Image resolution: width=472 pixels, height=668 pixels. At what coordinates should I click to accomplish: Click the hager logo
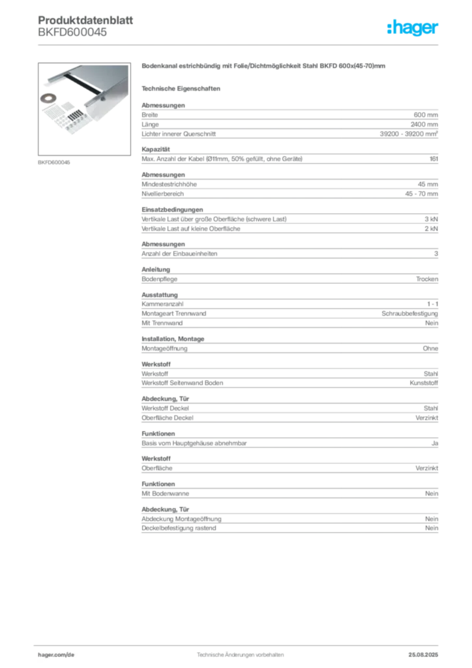click(412, 28)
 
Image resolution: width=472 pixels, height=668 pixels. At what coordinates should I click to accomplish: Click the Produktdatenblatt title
click(85, 20)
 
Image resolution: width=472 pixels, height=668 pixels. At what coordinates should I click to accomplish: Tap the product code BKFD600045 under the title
click(72, 33)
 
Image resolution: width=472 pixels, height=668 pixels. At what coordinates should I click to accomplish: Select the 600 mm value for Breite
click(426, 115)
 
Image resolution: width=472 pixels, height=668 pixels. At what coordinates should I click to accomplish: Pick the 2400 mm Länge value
click(424, 125)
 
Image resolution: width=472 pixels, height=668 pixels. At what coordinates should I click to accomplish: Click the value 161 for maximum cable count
click(434, 159)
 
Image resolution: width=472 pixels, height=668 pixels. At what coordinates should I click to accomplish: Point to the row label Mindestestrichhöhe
click(169, 185)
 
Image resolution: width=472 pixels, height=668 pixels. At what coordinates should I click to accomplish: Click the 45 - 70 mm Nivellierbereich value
click(421, 194)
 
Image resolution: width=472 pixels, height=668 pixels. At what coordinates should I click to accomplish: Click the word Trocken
click(427, 279)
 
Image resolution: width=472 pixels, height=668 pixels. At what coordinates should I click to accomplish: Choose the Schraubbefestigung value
click(409, 314)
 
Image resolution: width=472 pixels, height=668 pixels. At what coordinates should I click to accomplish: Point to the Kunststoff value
click(424, 383)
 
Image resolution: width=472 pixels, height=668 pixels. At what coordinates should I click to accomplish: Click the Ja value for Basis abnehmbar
click(435, 444)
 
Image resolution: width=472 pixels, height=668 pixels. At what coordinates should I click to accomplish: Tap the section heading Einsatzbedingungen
click(172, 209)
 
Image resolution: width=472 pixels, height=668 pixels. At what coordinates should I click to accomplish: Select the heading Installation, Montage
click(173, 339)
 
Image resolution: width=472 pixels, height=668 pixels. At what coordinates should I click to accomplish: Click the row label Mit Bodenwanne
click(165, 494)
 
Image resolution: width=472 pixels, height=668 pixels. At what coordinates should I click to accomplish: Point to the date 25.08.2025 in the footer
click(423, 655)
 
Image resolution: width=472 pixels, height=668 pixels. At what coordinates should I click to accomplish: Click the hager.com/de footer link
click(56, 655)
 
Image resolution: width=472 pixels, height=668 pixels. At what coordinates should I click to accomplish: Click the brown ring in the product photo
click(48, 99)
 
